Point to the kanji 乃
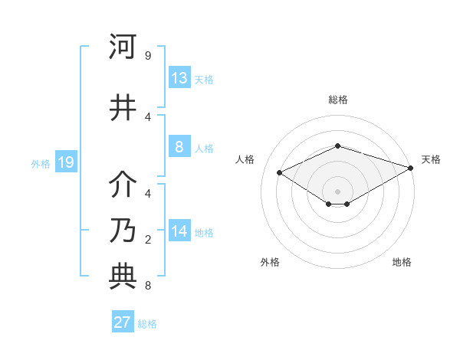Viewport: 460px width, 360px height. [x=123, y=230]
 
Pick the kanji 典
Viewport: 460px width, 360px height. [x=123, y=275]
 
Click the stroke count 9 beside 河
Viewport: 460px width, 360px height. [x=147, y=56]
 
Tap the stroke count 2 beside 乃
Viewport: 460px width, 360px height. [x=147, y=240]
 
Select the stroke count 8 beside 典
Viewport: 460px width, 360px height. [x=147, y=286]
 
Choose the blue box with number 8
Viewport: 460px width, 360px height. [x=179, y=147]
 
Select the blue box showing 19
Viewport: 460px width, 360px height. [x=65, y=162]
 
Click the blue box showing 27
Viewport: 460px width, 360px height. [x=122, y=322]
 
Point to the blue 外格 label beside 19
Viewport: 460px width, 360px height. [x=41, y=163]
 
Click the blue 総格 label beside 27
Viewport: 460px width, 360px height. [x=147, y=323]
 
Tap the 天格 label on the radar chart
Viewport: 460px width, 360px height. [x=432, y=159]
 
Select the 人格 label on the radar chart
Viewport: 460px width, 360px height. [x=245, y=159]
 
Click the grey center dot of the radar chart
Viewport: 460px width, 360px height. [x=337, y=190]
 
